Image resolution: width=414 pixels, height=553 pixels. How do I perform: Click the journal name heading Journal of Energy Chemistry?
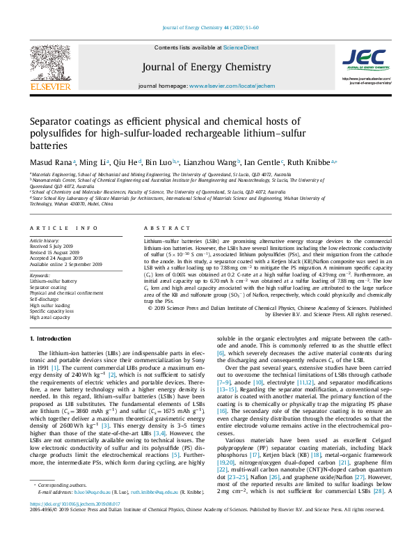pos(207,67)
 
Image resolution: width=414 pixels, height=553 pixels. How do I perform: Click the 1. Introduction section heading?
pos(52,338)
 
